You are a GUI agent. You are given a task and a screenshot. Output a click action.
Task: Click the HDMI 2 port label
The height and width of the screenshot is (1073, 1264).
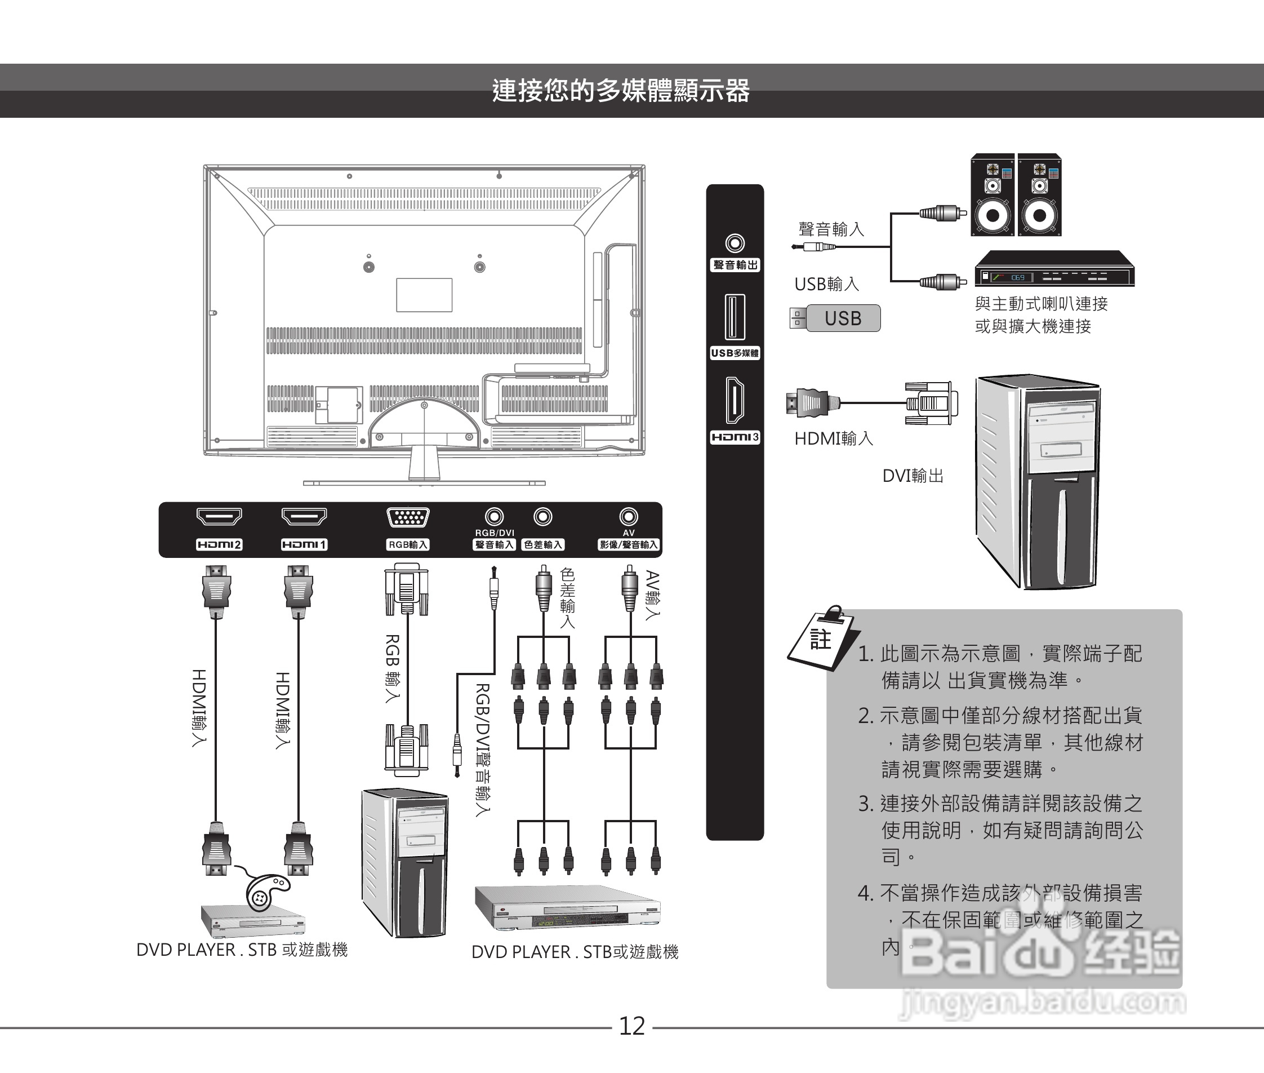(219, 544)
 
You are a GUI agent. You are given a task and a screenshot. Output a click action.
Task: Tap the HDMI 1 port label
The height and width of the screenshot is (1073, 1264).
(304, 544)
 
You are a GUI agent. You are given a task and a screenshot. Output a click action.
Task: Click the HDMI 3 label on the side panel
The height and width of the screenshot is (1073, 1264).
(735, 437)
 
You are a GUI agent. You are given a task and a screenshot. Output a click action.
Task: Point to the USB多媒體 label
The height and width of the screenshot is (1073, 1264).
(735, 353)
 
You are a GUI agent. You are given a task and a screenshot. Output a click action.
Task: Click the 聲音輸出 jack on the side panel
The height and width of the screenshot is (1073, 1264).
(735, 244)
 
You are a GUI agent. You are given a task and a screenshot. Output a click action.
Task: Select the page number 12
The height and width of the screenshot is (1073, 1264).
(631, 1026)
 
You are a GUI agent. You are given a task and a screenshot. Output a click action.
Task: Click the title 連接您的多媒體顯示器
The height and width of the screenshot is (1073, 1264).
(621, 91)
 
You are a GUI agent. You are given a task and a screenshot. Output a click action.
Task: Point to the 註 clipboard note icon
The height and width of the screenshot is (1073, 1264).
(820, 638)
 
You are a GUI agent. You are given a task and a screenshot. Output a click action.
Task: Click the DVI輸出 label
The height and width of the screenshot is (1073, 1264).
(913, 476)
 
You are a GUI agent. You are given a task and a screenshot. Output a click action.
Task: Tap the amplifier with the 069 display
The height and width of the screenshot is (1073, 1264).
(1054, 269)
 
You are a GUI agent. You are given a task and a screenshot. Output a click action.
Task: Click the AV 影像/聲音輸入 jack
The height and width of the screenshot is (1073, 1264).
(629, 517)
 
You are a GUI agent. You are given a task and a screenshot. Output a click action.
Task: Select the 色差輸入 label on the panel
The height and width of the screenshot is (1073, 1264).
(543, 545)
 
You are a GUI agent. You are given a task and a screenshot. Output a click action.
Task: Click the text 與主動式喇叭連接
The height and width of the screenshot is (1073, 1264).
(1041, 304)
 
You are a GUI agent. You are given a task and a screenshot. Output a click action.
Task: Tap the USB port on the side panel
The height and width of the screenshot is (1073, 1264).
(735, 317)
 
